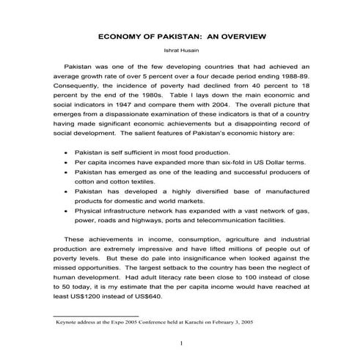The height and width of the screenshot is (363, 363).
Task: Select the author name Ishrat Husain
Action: tap(181, 51)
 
